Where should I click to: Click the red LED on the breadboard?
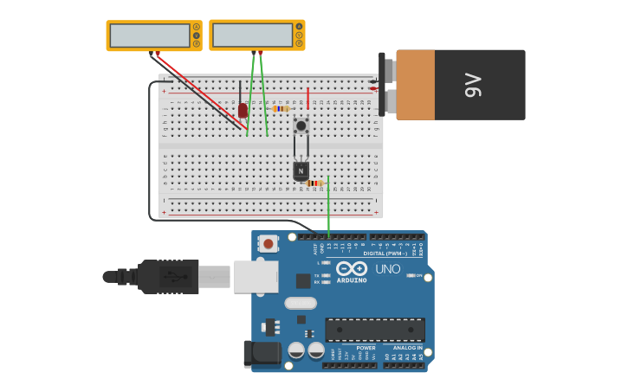[243, 110]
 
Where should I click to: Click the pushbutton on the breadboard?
[301, 126]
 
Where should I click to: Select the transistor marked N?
[301, 170]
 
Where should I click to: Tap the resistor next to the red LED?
[280, 109]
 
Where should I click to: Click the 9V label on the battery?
[472, 85]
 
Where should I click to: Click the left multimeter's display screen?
[149, 35]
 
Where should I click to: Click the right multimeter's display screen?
[252, 35]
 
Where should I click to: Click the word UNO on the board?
[387, 269]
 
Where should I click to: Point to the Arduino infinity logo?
[352, 268]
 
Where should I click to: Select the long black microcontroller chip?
[374, 329]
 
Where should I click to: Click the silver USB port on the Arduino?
[256, 276]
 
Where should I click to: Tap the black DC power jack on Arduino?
[262, 353]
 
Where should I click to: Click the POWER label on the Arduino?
[366, 348]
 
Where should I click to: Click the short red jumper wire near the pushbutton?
[308, 98]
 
